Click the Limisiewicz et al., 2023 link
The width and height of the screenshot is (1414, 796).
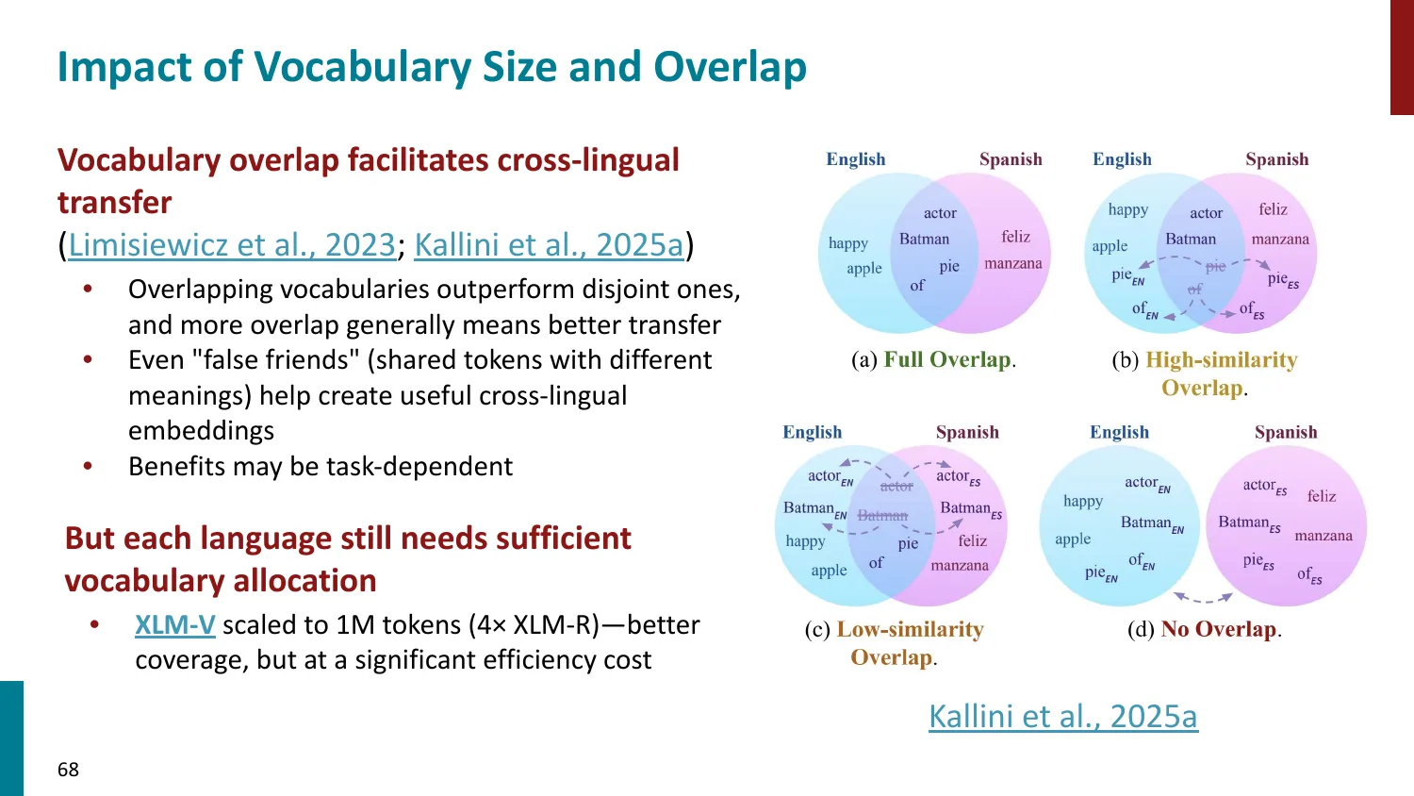[x=232, y=245]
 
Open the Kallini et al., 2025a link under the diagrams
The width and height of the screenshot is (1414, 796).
[x=1062, y=717]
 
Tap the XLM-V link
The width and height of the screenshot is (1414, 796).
[x=175, y=625]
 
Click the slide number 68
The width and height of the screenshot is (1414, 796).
[x=68, y=770]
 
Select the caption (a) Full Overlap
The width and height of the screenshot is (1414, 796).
[x=933, y=360]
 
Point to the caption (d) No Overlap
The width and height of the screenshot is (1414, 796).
[x=1204, y=629]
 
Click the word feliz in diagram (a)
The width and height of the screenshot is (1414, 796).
[x=1015, y=237]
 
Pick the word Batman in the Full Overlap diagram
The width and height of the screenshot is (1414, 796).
[x=924, y=240]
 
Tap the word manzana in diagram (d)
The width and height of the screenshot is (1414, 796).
[x=1323, y=536]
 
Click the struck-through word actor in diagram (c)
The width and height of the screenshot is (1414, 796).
[x=896, y=487]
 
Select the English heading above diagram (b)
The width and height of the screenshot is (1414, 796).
[x=1122, y=159]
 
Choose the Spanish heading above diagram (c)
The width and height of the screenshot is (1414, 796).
[x=967, y=432]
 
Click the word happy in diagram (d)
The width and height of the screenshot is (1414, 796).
[x=1082, y=501]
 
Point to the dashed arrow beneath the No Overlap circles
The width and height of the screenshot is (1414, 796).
[x=1202, y=597]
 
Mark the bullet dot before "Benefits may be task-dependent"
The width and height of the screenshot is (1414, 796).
[x=88, y=467]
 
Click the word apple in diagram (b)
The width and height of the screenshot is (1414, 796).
[x=1110, y=246]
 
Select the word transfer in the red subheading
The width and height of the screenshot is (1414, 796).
[x=114, y=203]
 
